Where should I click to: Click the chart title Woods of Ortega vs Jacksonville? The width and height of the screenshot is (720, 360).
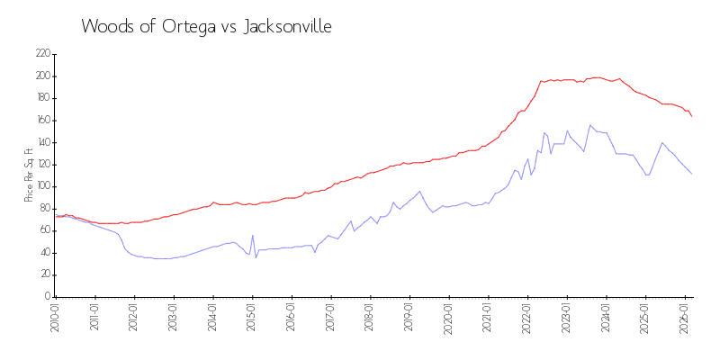pos(206,27)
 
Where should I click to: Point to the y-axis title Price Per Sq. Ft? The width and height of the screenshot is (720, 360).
pos(29,175)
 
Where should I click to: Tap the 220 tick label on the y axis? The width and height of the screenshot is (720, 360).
pos(41,54)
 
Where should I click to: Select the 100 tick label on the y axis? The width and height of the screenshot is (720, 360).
pos(41,186)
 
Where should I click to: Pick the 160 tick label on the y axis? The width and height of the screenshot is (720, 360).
pos(41,121)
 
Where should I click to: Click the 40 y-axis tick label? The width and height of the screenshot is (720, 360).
pos(43,253)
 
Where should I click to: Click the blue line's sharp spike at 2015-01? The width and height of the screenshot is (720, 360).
pos(253,236)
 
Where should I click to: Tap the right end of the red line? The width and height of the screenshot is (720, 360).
pos(692,116)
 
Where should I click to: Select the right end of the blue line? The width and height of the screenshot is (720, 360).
pos(692,174)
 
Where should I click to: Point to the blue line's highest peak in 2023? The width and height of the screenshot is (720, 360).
pos(590,125)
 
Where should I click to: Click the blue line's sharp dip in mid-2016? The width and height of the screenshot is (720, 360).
pos(314,252)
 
